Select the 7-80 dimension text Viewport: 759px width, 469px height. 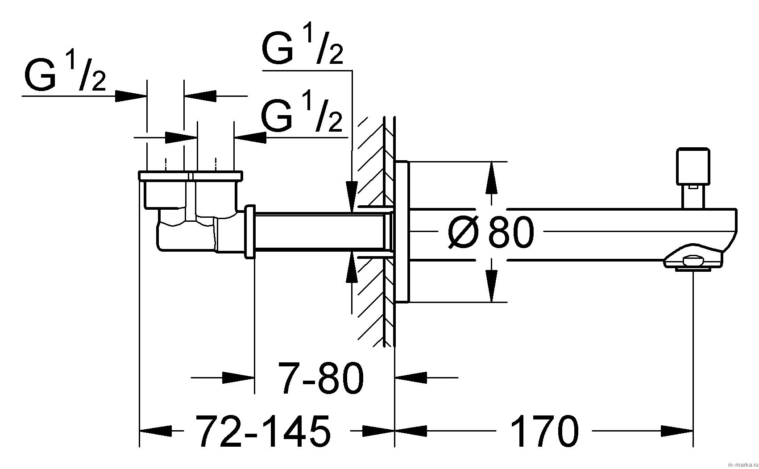tap(320, 378)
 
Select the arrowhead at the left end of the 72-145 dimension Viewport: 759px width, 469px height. tap(156, 431)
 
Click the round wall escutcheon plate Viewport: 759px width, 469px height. tap(402, 232)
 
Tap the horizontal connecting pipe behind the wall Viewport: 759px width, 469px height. tap(319, 232)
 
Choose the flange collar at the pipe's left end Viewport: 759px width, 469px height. tap(250, 232)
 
